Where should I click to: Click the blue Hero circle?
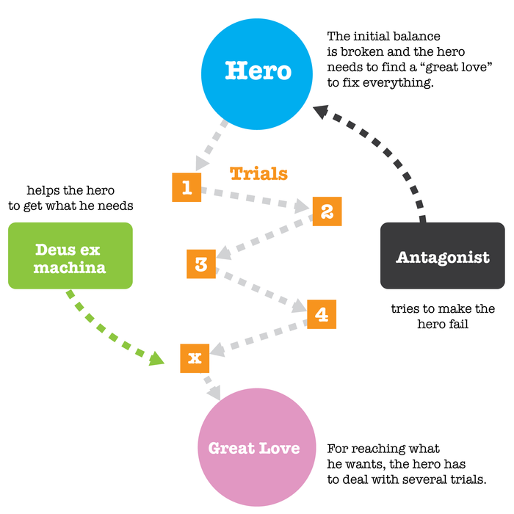coord(257,71)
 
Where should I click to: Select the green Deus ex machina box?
coord(70,256)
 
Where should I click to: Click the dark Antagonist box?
coord(442,256)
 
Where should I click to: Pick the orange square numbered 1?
coord(186,188)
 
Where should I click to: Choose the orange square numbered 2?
coord(327,211)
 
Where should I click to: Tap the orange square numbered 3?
coord(201,263)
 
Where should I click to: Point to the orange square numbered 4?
coord(322,314)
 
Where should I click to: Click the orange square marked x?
coord(195,358)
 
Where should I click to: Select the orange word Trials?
coord(258,174)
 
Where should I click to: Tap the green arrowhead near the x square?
coord(157,358)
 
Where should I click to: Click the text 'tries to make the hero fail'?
coord(442,316)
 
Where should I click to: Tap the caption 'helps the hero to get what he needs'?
coord(70,198)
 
